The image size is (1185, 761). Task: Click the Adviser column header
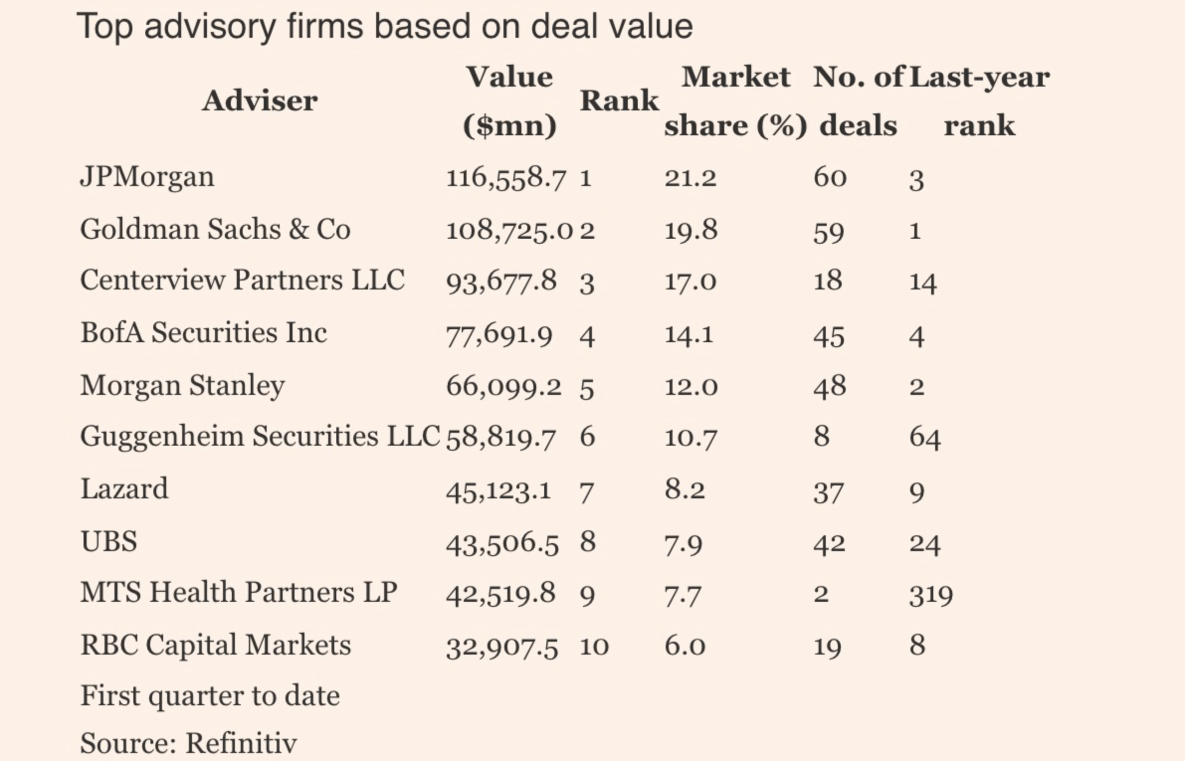pyautogui.click(x=260, y=101)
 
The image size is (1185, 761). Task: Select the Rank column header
pyautogui.click(x=619, y=101)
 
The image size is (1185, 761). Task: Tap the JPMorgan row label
pyautogui.click(x=147, y=178)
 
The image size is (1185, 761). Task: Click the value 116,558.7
pyautogui.click(x=506, y=178)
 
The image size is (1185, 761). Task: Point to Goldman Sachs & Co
pyautogui.click(x=215, y=229)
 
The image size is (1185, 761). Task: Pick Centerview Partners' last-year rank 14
pyautogui.click(x=923, y=282)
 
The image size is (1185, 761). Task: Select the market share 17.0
pyautogui.click(x=691, y=281)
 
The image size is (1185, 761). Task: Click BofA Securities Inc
pyautogui.click(x=203, y=332)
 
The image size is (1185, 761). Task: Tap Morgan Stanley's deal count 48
pyautogui.click(x=830, y=386)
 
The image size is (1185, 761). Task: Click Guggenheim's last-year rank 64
pyautogui.click(x=925, y=438)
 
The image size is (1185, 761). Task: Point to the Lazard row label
pyautogui.click(x=124, y=488)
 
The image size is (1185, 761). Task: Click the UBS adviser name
pyautogui.click(x=108, y=541)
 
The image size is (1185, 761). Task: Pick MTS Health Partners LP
pyautogui.click(x=239, y=592)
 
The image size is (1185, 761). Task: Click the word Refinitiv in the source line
pyautogui.click(x=241, y=743)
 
